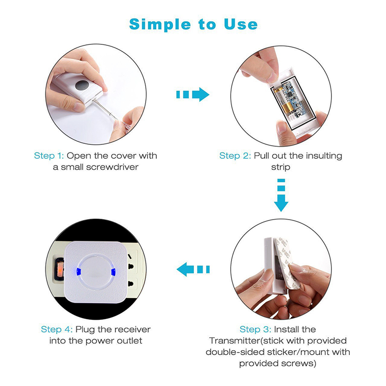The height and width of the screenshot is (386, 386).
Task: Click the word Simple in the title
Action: point(160,25)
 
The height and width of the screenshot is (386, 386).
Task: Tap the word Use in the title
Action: point(241,24)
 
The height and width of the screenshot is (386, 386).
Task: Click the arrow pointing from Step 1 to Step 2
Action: point(193,94)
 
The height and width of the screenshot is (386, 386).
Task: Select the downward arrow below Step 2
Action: point(281,195)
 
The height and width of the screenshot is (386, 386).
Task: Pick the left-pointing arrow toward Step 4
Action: point(193,269)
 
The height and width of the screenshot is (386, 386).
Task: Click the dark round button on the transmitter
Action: point(82,85)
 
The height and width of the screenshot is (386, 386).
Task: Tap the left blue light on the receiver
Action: point(79,272)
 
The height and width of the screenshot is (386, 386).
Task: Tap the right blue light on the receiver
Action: point(113,272)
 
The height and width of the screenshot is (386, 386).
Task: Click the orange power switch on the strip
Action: point(60,270)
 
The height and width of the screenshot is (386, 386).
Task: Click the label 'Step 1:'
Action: point(49,155)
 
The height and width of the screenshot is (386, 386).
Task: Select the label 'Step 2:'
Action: point(235,155)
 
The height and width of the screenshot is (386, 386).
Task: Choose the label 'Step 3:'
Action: point(255,330)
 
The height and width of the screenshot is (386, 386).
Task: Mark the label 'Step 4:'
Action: point(56,330)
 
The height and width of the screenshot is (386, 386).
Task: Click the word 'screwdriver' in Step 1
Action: point(112,167)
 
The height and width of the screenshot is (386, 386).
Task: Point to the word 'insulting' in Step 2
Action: point(324,156)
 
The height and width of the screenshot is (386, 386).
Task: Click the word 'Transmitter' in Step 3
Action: point(234,341)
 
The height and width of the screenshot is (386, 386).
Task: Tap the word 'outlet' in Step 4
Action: point(129,341)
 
